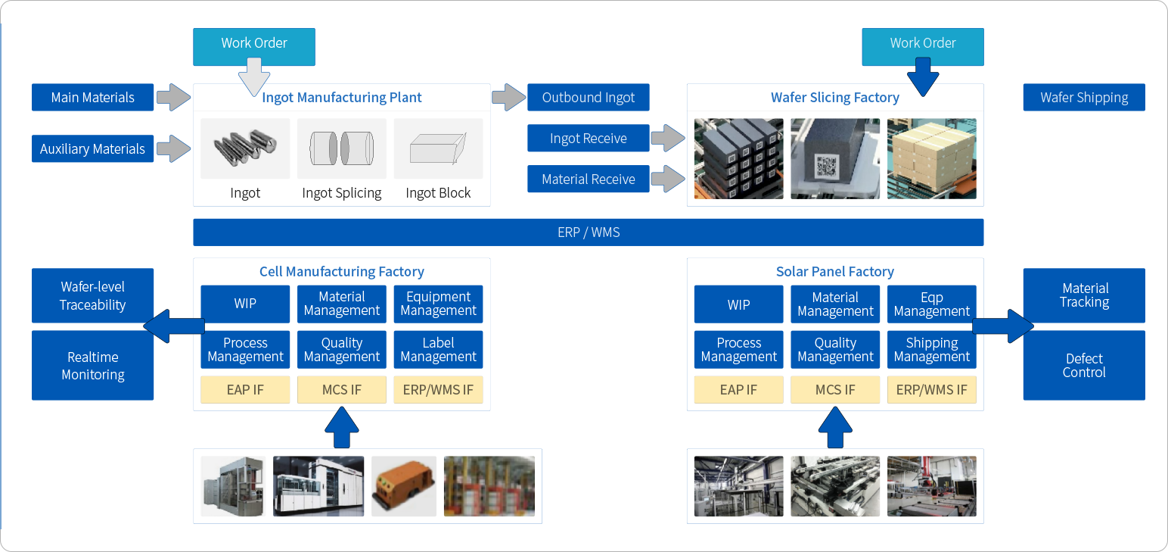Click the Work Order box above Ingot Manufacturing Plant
point(254,44)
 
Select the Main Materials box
point(93,98)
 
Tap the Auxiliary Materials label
point(93,149)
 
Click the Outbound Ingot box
point(589,98)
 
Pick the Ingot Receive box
point(589,139)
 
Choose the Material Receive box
point(589,179)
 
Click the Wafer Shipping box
point(1083,98)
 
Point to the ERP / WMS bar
point(589,232)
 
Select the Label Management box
point(439,350)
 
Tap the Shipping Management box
point(932,350)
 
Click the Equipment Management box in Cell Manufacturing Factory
point(439,304)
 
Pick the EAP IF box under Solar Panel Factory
point(738,390)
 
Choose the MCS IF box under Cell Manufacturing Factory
point(342,390)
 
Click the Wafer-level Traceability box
point(93,296)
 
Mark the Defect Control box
point(1083,365)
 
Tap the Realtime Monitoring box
point(93,365)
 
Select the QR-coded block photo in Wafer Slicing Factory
point(835,158)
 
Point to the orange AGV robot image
point(404,486)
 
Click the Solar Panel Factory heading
point(835,272)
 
